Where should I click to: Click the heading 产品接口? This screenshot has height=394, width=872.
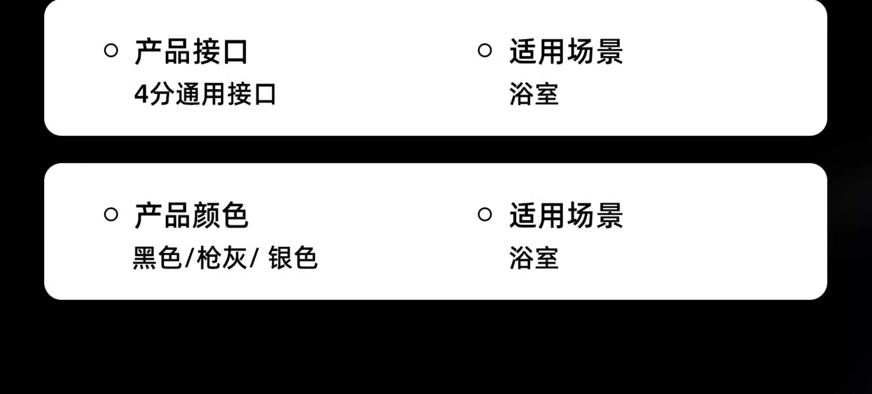click(x=191, y=51)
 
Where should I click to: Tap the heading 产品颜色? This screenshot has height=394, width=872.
click(x=191, y=215)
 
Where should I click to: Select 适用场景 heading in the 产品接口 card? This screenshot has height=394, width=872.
click(x=566, y=51)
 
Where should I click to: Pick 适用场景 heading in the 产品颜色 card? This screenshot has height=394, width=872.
click(x=566, y=215)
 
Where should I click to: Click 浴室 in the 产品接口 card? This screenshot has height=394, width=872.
click(x=534, y=94)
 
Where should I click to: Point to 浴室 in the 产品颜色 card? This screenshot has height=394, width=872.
click(x=534, y=258)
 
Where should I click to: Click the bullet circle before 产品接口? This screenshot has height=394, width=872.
click(x=111, y=50)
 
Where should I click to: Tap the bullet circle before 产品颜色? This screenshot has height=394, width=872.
click(x=111, y=214)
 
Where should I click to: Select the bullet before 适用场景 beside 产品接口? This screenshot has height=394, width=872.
click(x=485, y=50)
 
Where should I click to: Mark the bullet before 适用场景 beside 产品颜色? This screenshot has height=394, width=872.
click(x=485, y=214)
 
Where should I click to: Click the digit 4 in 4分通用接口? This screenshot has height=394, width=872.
click(x=141, y=95)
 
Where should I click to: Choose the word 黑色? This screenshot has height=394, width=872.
click(x=157, y=258)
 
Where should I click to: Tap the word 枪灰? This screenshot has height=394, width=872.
click(x=222, y=258)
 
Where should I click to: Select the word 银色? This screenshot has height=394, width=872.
click(x=293, y=258)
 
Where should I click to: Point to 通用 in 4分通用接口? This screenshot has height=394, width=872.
click(x=200, y=95)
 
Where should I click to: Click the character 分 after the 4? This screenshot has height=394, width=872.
click(x=161, y=95)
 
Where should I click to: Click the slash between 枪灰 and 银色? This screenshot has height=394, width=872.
click(x=254, y=258)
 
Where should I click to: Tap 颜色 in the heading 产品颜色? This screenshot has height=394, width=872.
click(x=220, y=215)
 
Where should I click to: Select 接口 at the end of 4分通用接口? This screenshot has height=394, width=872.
click(x=252, y=95)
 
